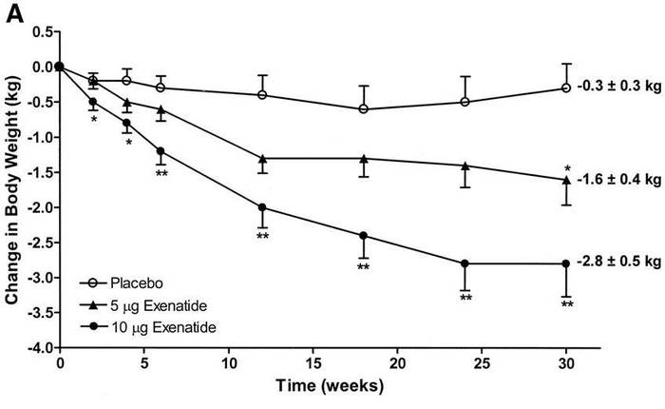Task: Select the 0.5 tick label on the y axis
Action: tap(38, 31)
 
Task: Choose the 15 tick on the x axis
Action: tap(313, 365)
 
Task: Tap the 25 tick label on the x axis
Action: tap(482, 365)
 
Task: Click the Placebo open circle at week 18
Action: tap(364, 109)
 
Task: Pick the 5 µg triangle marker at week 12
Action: tap(262, 158)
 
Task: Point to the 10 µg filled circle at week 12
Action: tap(262, 207)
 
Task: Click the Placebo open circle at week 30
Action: tap(566, 88)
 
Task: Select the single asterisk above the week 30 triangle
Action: tap(566, 167)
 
